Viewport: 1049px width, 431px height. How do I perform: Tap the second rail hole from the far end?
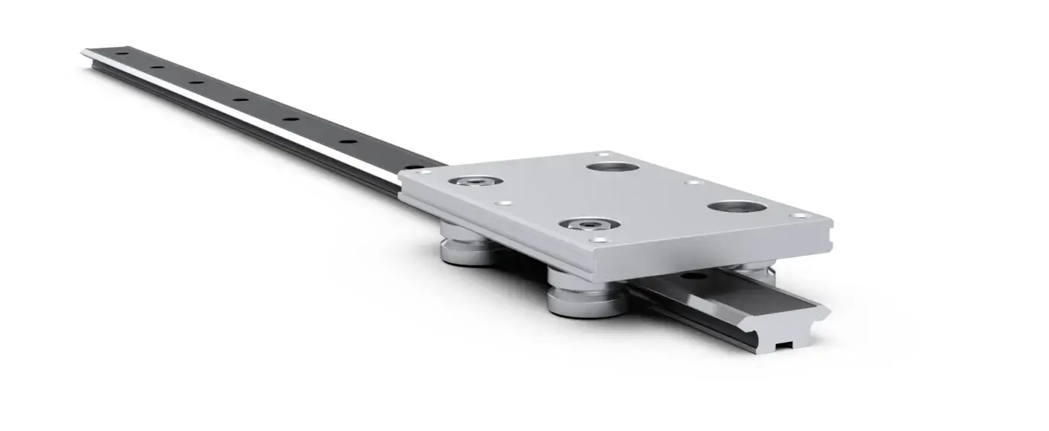point(157,68)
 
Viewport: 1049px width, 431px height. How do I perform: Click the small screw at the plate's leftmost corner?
point(425,172)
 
